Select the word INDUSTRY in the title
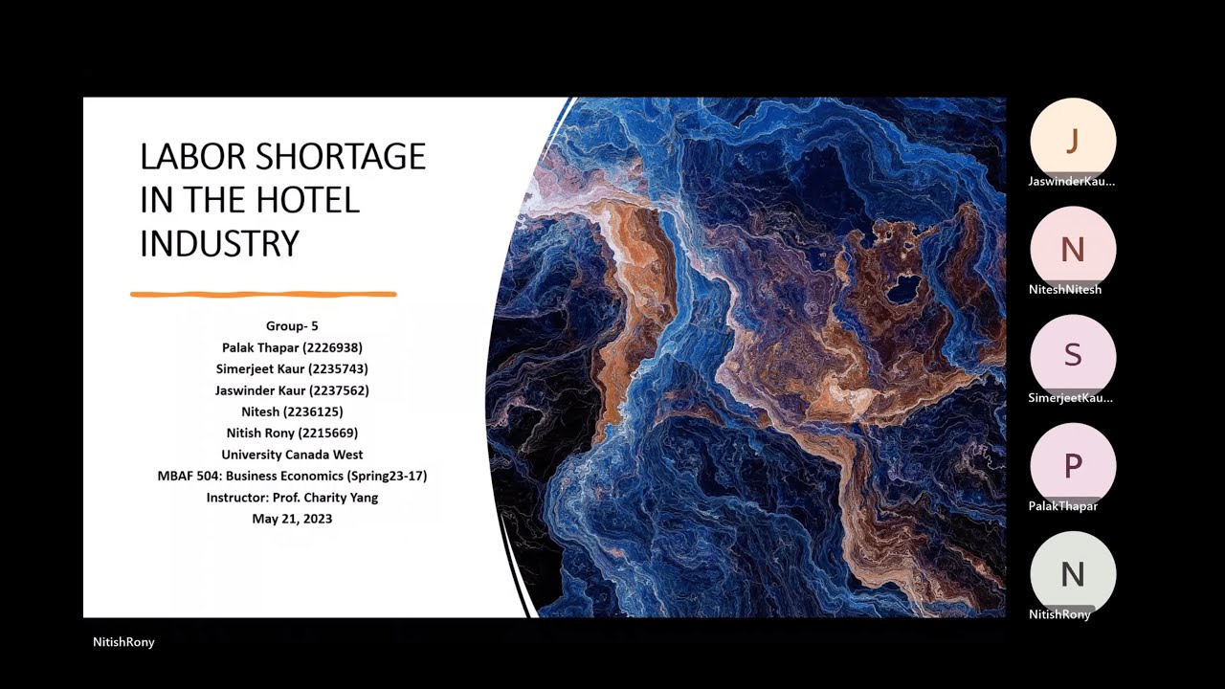click(219, 243)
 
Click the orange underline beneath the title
click(263, 295)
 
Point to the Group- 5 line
click(292, 326)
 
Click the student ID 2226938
click(333, 348)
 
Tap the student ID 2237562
click(339, 390)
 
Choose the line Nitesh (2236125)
click(292, 411)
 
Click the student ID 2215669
click(327, 433)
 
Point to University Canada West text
click(292, 455)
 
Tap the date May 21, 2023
click(292, 519)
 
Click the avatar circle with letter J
click(1073, 141)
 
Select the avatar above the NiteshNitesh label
click(1073, 249)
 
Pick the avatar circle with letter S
click(1073, 356)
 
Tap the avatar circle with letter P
click(1073, 466)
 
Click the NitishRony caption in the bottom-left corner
click(123, 642)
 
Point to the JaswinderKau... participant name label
click(1072, 181)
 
